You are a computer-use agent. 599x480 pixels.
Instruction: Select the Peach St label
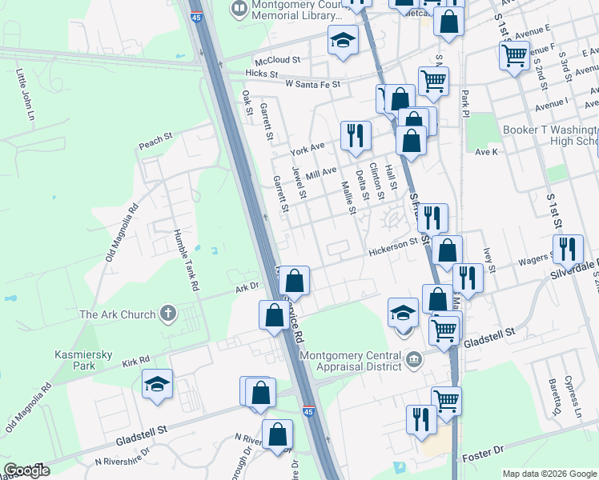coord(155,141)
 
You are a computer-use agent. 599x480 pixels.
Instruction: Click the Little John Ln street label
coord(26,94)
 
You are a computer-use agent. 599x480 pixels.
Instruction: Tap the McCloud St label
coord(277,60)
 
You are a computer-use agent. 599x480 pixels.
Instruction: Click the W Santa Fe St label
coord(312,83)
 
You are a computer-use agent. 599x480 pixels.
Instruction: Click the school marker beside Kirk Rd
coord(158,383)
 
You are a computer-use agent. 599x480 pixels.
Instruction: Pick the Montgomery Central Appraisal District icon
coord(413,358)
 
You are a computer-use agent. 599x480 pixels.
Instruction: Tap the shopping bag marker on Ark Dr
coord(295,280)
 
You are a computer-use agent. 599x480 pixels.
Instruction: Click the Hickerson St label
coord(394,252)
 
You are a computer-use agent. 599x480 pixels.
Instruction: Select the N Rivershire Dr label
coord(122,457)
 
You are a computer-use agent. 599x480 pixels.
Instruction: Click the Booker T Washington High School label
coord(550,135)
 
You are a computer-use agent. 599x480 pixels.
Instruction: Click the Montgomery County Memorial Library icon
coord(239,10)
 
